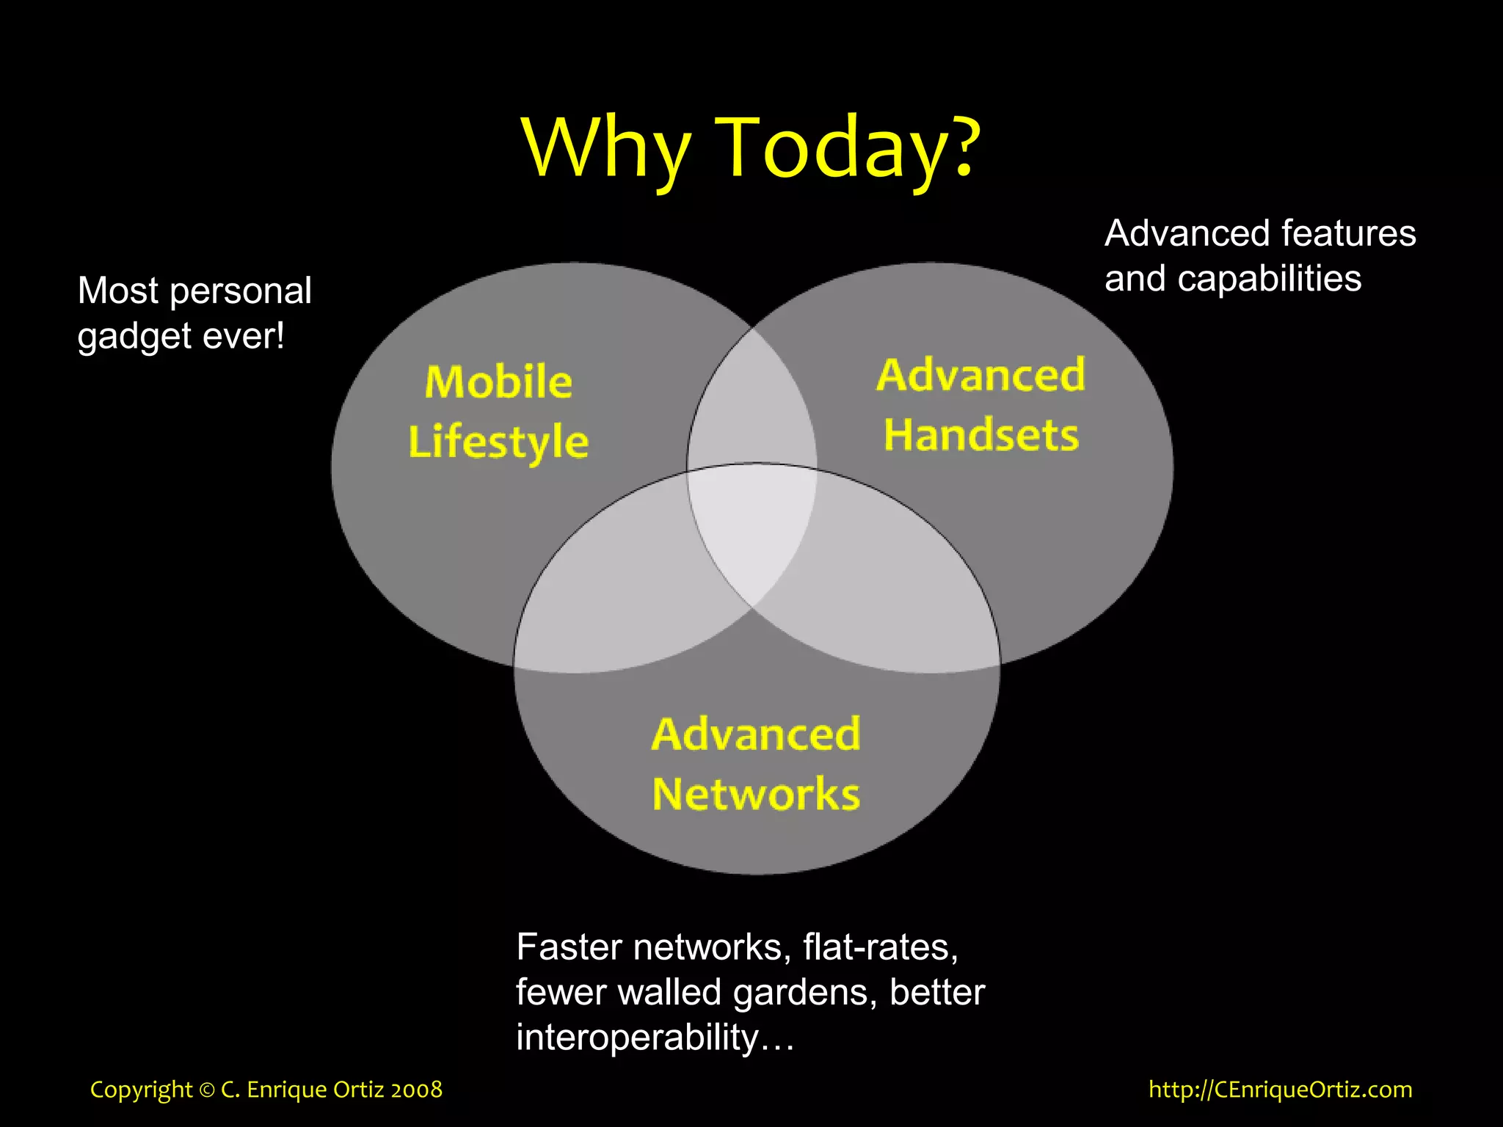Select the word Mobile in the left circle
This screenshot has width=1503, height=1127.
(498, 382)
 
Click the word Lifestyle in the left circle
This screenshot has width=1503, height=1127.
(498, 442)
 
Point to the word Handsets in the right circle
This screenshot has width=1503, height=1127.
(981, 435)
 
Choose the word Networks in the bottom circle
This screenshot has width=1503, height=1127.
(756, 794)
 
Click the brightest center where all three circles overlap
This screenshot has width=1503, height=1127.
(752, 528)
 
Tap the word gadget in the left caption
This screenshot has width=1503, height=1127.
(135, 338)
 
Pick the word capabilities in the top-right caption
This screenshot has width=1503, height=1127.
(1270, 279)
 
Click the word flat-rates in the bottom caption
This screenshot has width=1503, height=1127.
(880, 947)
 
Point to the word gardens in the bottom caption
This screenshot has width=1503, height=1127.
(805, 993)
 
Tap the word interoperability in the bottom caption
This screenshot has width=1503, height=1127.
(637, 1037)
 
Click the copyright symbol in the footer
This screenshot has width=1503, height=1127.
(207, 1090)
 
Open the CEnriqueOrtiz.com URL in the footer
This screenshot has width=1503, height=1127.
(1280, 1090)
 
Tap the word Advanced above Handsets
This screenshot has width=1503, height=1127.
(981, 375)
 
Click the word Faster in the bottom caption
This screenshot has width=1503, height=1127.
(569, 947)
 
